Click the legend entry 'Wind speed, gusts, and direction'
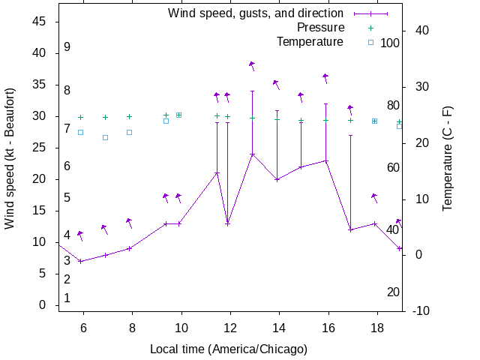[x=255, y=13]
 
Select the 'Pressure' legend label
[x=316, y=28]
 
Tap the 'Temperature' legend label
[x=310, y=41]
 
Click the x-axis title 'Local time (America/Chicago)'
[x=229, y=349]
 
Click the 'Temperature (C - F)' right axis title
[x=448, y=157]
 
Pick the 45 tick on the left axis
[x=40, y=22]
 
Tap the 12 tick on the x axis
[x=229, y=328]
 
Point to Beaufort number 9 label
[x=67, y=47]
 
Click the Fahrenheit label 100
[x=390, y=43]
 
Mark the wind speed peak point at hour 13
[x=252, y=154]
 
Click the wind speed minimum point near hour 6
[x=80, y=261]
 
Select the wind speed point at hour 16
[x=325, y=160]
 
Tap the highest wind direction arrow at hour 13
[x=253, y=66]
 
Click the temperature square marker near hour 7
[x=105, y=137]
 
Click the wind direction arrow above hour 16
[x=325, y=78]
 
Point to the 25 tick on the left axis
[x=40, y=148]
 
